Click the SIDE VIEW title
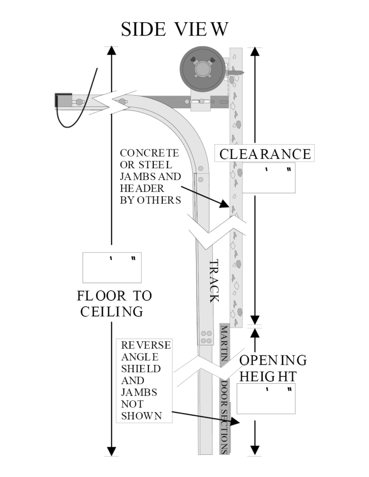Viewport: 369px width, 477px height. (x=175, y=30)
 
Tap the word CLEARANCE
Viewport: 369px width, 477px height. (x=265, y=154)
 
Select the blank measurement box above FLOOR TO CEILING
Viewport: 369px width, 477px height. (x=112, y=267)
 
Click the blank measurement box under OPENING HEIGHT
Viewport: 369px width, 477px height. (x=266, y=399)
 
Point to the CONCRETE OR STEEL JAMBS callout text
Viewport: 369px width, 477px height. (x=150, y=177)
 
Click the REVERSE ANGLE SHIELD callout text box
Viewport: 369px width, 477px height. (x=144, y=381)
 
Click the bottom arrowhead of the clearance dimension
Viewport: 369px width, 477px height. (x=256, y=319)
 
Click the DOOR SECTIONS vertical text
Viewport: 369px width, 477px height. (x=224, y=417)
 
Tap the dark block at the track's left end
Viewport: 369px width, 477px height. (x=63, y=100)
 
